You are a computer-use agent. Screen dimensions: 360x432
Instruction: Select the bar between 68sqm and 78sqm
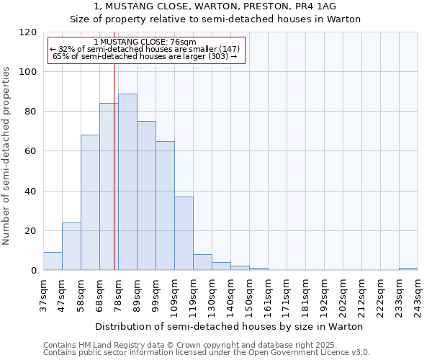tap(109, 187)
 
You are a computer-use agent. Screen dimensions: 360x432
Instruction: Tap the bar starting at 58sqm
tap(90, 202)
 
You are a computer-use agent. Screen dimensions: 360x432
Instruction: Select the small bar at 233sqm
tap(408, 269)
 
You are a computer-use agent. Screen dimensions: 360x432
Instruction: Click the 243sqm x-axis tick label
tap(418, 296)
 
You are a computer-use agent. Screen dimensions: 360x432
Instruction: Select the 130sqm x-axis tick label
tap(212, 296)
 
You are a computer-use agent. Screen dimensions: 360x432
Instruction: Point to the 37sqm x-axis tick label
tap(43, 296)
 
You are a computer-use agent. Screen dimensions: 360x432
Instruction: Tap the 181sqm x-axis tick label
tap(305, 296)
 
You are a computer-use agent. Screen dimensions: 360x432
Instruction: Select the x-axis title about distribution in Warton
tap(230, 326)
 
